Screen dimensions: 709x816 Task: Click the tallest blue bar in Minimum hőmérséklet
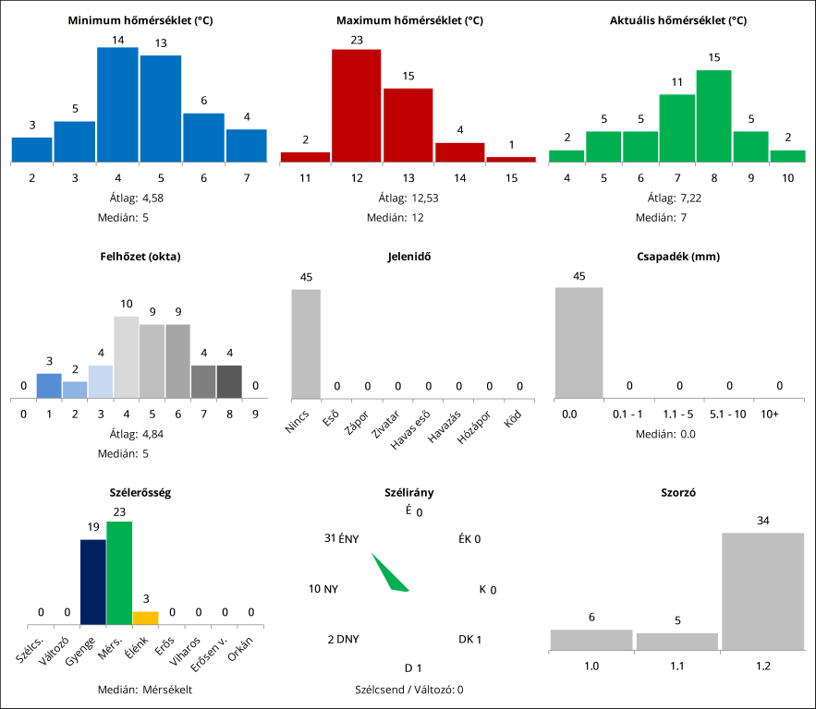117,104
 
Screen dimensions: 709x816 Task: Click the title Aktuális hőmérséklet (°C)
678,20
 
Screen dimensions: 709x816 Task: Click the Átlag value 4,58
152,198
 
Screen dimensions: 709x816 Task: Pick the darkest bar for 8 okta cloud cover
229,382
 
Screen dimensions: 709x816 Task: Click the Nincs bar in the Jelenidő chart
306,343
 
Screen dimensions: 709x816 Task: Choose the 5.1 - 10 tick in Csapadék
728,415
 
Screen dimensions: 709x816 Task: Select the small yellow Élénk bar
145,618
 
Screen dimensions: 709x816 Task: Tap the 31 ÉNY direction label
342,538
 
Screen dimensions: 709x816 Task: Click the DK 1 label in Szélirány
469,639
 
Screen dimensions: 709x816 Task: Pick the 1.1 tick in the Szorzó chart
676,665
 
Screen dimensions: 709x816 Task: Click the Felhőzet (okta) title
140,257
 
